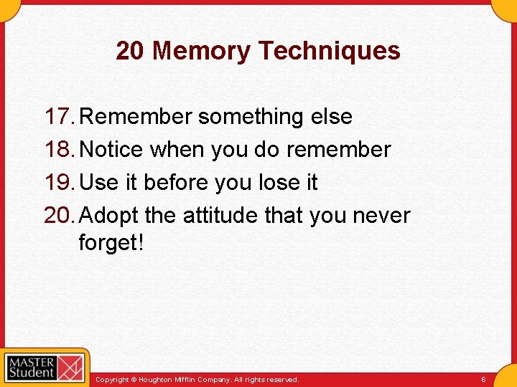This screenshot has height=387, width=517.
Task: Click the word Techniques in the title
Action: [329, 51]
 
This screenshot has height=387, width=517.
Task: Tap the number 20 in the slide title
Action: [130, 51]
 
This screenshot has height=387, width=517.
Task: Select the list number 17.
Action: [59, 117]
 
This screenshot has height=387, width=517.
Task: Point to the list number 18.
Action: [59, 150]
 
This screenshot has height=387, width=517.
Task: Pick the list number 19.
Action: [59, 183]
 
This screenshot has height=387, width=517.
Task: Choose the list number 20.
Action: [59, 216]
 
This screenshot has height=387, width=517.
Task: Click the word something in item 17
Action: [251, 117]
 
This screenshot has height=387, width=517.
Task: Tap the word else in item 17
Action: [331, 117]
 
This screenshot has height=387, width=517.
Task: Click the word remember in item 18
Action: [338, 150]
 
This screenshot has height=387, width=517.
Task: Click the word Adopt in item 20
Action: [109, 216]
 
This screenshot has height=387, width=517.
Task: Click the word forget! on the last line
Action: [111, 243]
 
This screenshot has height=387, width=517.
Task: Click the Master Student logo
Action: [45, 368]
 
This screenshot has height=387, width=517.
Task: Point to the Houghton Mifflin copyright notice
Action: [197, 379]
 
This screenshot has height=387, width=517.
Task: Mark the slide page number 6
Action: [483, 379]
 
